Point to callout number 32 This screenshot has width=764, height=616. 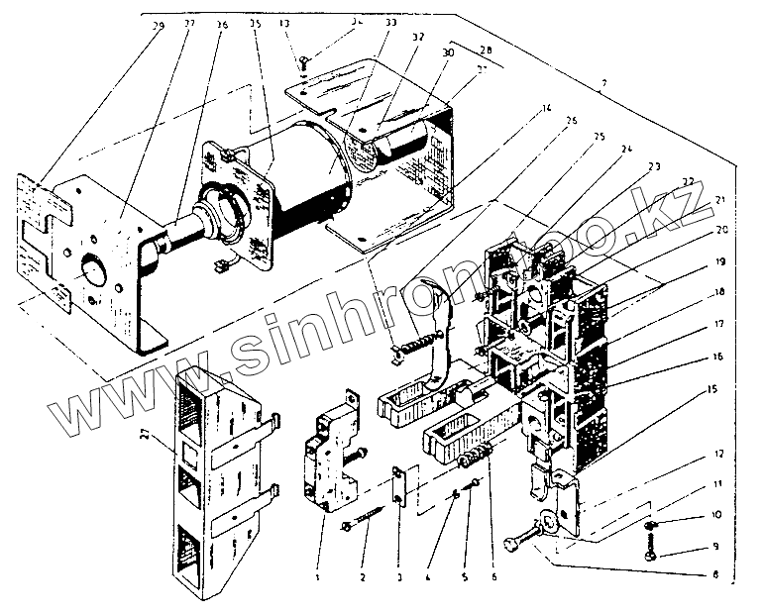click(417, 36)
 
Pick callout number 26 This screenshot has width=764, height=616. click(571, 122)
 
